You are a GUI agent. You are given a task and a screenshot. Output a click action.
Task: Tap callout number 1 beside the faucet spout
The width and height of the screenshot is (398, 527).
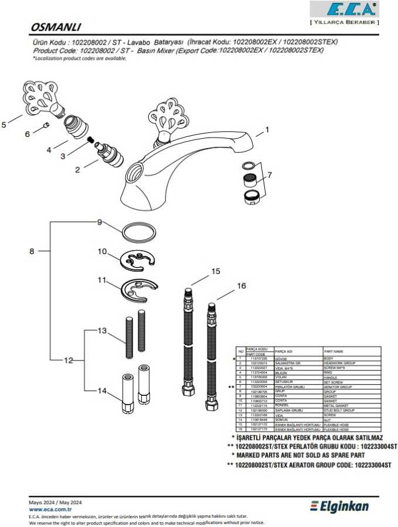(x=267, y=130)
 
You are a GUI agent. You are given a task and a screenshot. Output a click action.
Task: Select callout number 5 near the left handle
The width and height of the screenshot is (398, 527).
(x=4, y=124)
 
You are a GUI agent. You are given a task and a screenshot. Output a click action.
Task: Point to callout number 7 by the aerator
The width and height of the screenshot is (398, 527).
(x=270, y=174)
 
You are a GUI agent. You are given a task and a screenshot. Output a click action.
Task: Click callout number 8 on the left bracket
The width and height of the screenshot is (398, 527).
(x=32, y=251)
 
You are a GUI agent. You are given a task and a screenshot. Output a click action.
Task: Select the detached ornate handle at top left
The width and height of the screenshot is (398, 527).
(x=41, y=94)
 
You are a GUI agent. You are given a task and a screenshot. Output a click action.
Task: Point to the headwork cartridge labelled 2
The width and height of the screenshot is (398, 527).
(x=109, y=156)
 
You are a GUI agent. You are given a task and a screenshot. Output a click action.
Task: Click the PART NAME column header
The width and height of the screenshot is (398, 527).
(x=334, y=351)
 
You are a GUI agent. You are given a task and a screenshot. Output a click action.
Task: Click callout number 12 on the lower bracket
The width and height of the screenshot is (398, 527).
(x=69, y=361)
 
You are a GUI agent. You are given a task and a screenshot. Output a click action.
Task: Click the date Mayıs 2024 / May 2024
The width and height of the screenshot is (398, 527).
(x=56, y=502)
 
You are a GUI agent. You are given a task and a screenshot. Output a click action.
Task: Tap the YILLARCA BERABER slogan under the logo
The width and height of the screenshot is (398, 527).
(x=344, y=22)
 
